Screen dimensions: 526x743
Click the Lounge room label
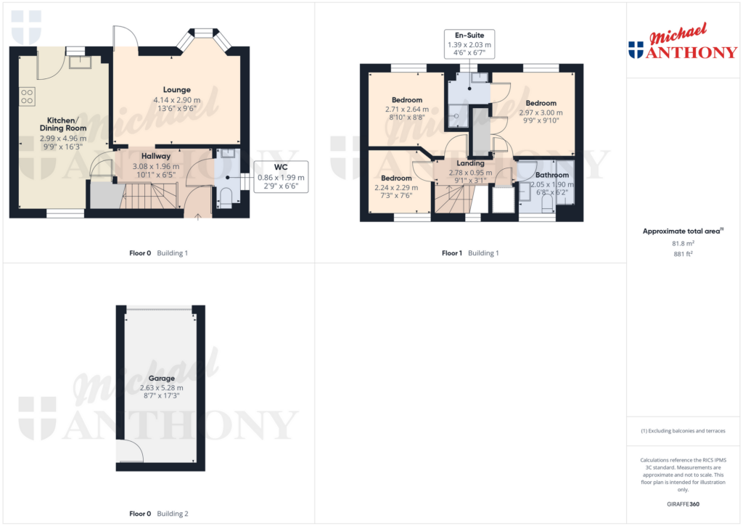click(176, 90)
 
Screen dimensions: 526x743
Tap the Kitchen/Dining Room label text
click(62, 124)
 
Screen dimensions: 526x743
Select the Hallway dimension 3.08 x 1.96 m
click(155, 165)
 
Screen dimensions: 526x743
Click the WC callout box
click(281, 177)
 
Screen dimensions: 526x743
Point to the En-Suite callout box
click(469, 44)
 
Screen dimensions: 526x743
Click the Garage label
click(161, 379)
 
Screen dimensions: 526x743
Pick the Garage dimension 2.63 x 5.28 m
click(161, 387)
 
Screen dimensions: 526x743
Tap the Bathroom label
click(553, 175)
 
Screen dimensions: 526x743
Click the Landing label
click(470, 163)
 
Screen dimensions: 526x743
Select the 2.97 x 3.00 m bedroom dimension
click(541, 112)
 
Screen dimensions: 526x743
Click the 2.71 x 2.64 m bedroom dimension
click(406, 110)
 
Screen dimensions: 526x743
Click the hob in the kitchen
click(28, 95)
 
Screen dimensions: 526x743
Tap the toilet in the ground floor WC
click(225, 198)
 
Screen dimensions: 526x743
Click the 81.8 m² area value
click(683, 243)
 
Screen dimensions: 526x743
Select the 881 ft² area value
click(683, 254)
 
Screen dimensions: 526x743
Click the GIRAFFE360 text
click(683, 504)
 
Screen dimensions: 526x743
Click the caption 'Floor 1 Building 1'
click(471, 253)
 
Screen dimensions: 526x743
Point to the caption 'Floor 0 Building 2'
click(158, 514)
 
